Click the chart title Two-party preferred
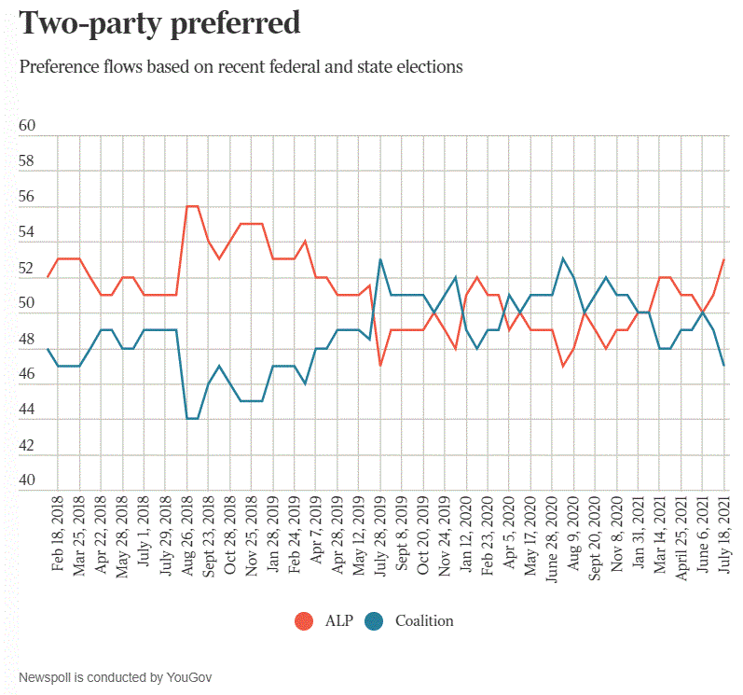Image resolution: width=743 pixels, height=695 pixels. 159,23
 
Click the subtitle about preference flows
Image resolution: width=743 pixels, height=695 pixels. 241,67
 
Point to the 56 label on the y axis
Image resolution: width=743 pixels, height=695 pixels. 27,198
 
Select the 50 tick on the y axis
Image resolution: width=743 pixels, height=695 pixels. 27,304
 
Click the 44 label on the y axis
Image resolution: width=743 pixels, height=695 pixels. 27,410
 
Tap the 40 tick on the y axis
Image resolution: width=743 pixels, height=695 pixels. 27,481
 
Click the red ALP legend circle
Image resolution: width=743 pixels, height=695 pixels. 304,620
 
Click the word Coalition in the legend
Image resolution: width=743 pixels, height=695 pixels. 424,620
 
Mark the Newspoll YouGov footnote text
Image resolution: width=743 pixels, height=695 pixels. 116,675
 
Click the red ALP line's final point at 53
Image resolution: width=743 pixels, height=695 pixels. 724,259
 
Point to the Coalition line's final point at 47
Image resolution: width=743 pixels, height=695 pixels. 724,366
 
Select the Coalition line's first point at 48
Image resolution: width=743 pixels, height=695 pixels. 48,348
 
